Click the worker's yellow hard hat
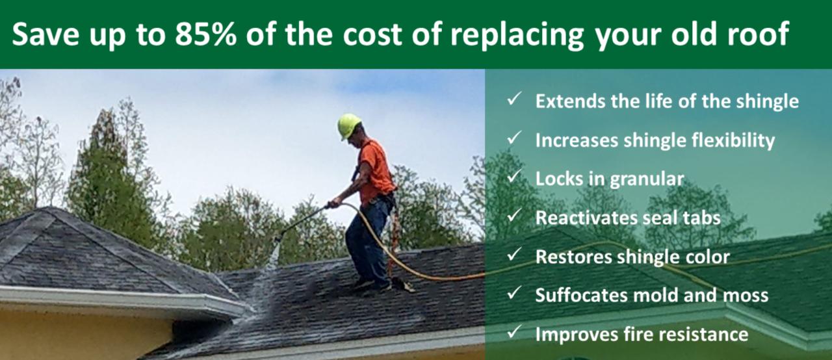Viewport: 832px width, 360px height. point(349,126)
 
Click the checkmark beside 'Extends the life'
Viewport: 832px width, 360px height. point(514,99)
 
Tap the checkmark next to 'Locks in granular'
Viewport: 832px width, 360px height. point(514,177)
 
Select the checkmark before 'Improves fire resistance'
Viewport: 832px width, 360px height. point(514,332)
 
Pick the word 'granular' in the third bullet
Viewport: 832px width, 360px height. point(647,180)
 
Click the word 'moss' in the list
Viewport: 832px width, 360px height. point(746,296)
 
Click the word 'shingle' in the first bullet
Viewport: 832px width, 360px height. point(768,101)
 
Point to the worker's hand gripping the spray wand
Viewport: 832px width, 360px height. point(335,203)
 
